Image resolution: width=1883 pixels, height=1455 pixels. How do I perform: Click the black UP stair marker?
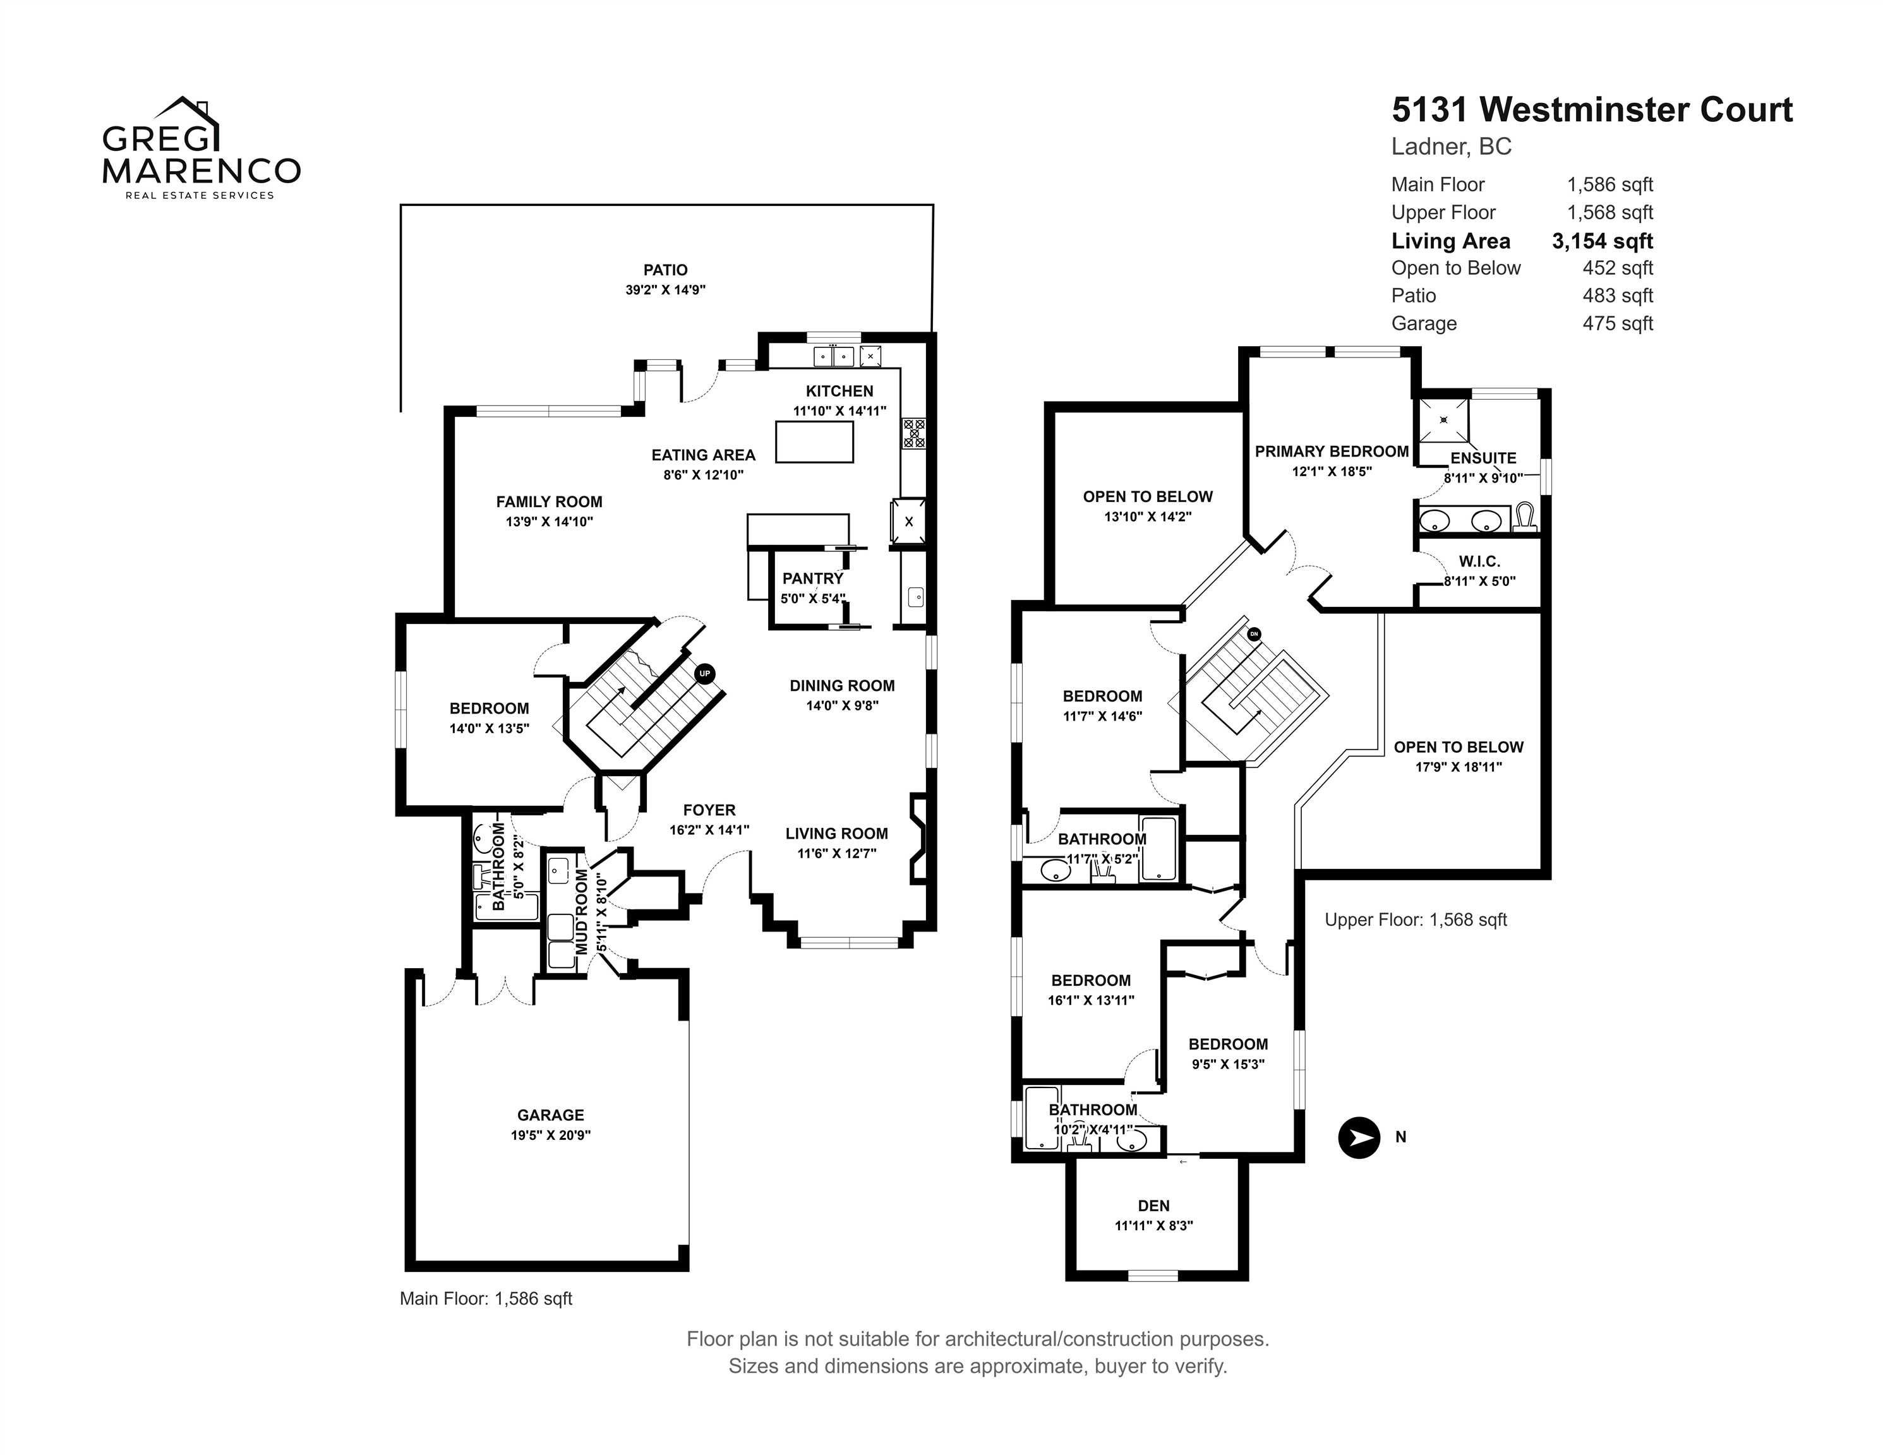704,673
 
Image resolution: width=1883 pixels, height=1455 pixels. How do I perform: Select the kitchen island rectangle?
814,442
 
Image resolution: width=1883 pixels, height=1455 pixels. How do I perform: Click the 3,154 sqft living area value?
1602,241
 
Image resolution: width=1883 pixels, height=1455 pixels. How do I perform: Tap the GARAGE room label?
550,1115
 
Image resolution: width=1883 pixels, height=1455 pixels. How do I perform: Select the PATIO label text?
666,270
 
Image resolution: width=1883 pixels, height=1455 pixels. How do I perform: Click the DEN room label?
1153,1206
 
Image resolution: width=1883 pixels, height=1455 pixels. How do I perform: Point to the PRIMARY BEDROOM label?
1331,452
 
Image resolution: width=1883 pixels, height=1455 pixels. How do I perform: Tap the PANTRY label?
812,578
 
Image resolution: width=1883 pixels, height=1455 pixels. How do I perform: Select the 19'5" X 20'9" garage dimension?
550,1135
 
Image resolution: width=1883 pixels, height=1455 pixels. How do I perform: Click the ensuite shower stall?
1443,421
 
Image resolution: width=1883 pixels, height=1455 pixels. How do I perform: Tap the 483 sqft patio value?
1618,296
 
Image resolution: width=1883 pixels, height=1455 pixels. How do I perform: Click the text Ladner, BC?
1451,147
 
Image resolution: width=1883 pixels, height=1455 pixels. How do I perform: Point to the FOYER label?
709,810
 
